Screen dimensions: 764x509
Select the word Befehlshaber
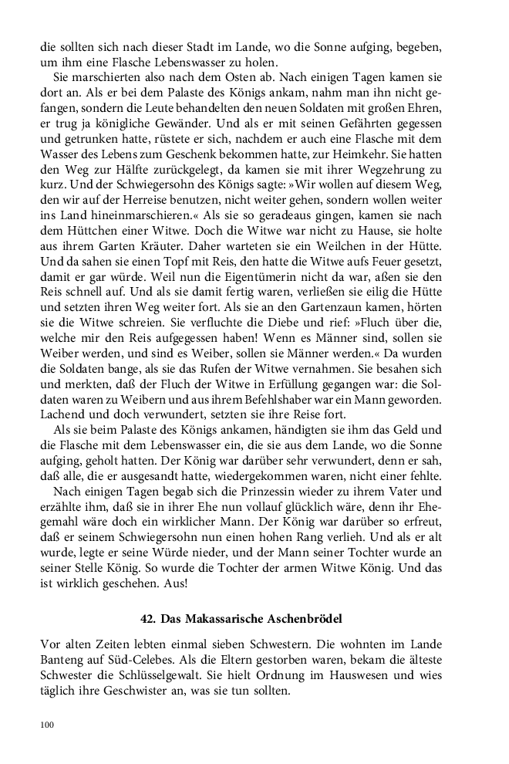point(301,401)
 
